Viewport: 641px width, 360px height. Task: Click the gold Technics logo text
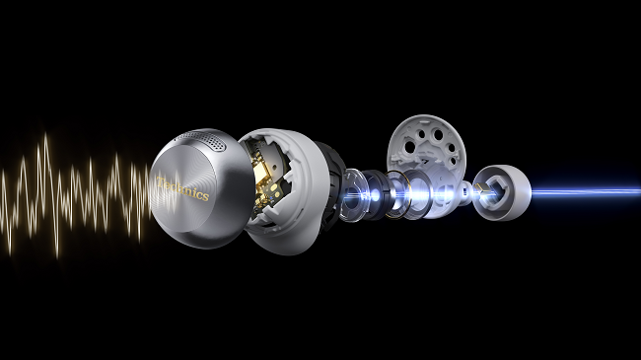[x=182, y=188]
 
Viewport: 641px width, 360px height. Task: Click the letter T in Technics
[x=160, y=182]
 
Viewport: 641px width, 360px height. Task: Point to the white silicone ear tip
[x=502, y=192]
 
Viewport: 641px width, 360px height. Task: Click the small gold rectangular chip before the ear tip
[x=481, y=188]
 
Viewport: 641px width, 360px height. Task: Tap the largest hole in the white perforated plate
[x=438, y=134]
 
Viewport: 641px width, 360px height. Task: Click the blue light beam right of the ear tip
[x=586, y=191]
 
